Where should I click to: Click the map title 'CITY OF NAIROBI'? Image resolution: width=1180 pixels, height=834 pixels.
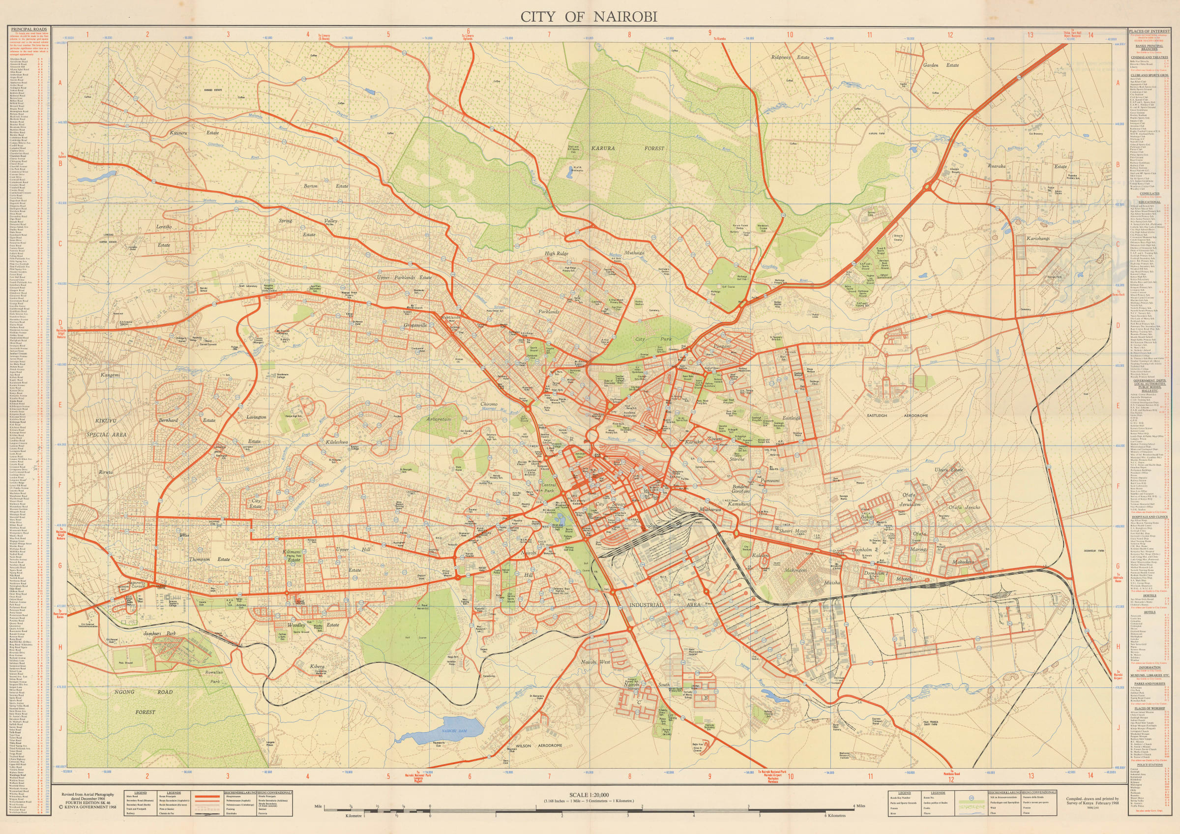coord(589,17)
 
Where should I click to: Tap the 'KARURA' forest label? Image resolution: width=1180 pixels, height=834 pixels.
coord(602,149)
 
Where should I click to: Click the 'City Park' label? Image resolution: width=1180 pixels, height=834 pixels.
coord(647,339)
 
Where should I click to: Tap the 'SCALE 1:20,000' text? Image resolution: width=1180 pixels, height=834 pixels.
coord(589,795)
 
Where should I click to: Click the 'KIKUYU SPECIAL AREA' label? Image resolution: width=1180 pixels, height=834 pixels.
coord(111,427)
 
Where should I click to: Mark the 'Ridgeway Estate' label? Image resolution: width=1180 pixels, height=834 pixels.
coord(790,57)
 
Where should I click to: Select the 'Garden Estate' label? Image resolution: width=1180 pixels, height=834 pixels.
coord(941,65)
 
